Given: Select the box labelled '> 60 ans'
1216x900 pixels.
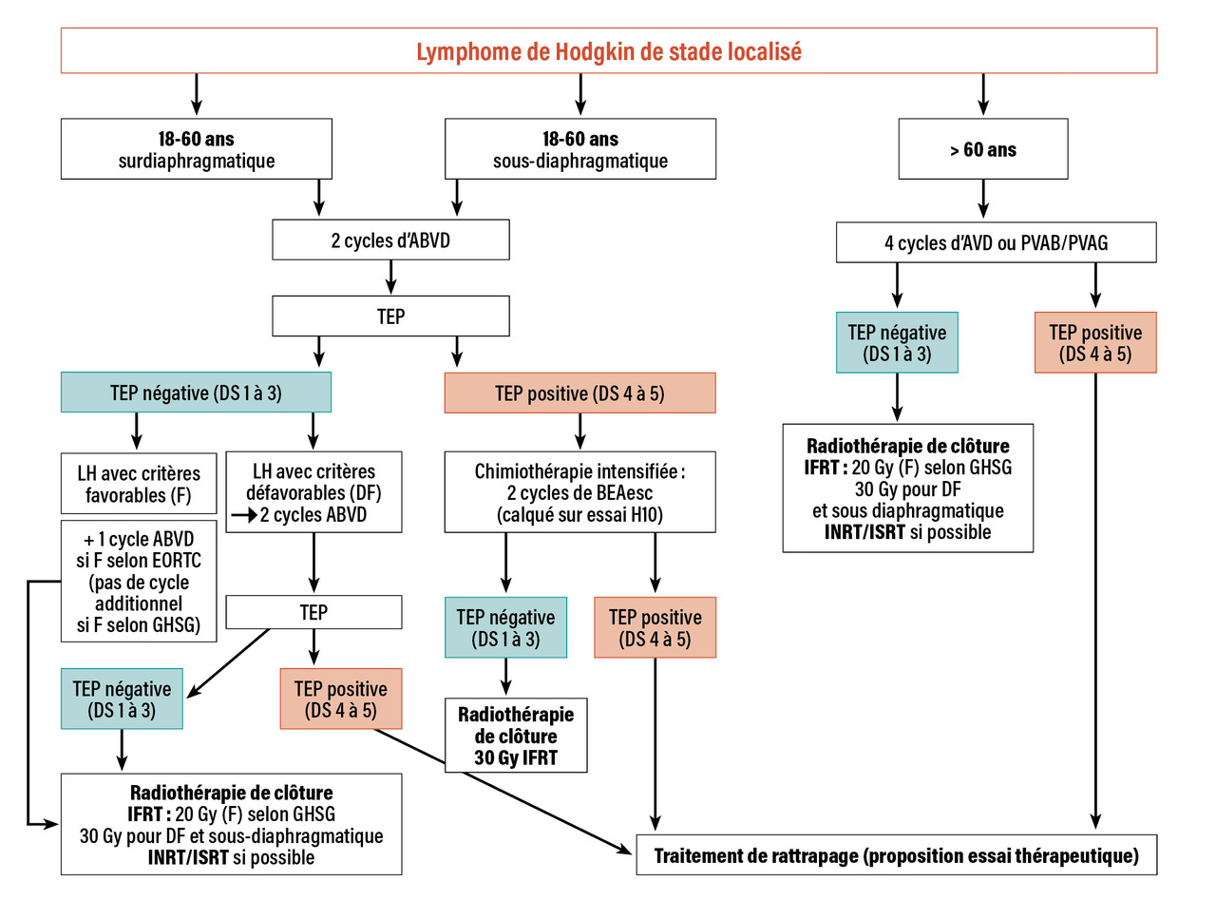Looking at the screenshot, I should (982, 149).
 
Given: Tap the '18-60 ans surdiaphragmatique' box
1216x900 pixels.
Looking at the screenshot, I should (197, 149).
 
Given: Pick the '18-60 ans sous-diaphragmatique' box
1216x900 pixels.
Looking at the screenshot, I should (579, 149).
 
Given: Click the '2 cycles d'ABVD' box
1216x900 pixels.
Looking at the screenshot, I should (390, 240).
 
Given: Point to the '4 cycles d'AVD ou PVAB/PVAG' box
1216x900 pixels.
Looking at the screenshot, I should (996, 242).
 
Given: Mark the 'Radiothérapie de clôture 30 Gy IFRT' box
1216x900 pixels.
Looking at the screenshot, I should (515, 735).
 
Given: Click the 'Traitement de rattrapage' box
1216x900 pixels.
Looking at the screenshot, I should (896, 855).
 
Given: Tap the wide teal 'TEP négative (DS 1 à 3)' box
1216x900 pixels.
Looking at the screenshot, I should (196, 393).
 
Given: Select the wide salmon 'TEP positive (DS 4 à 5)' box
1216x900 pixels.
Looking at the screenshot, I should (579, 393).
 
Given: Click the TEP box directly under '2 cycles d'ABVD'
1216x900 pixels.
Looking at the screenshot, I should (390, 316).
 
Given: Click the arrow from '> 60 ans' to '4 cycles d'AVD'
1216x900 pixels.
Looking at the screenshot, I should (982, 201).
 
